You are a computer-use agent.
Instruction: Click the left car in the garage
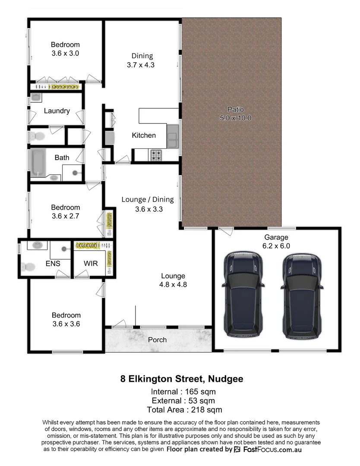[242, 295]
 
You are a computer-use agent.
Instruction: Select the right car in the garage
[302, 295]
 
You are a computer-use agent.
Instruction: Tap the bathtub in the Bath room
[38, 163]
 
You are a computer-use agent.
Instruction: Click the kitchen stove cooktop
[155, 154]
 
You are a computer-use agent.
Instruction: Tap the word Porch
[157, 340]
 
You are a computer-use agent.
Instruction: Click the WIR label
[90, 264]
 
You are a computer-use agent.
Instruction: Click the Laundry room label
[57, 111]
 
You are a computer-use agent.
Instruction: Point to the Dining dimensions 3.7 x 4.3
[141, 65]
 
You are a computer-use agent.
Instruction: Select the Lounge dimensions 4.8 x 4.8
[173, 284]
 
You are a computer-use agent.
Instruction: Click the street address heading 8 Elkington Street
[181, 379]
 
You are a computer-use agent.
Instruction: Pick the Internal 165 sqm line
[183, 392]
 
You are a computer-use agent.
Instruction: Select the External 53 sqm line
[183, 401]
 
